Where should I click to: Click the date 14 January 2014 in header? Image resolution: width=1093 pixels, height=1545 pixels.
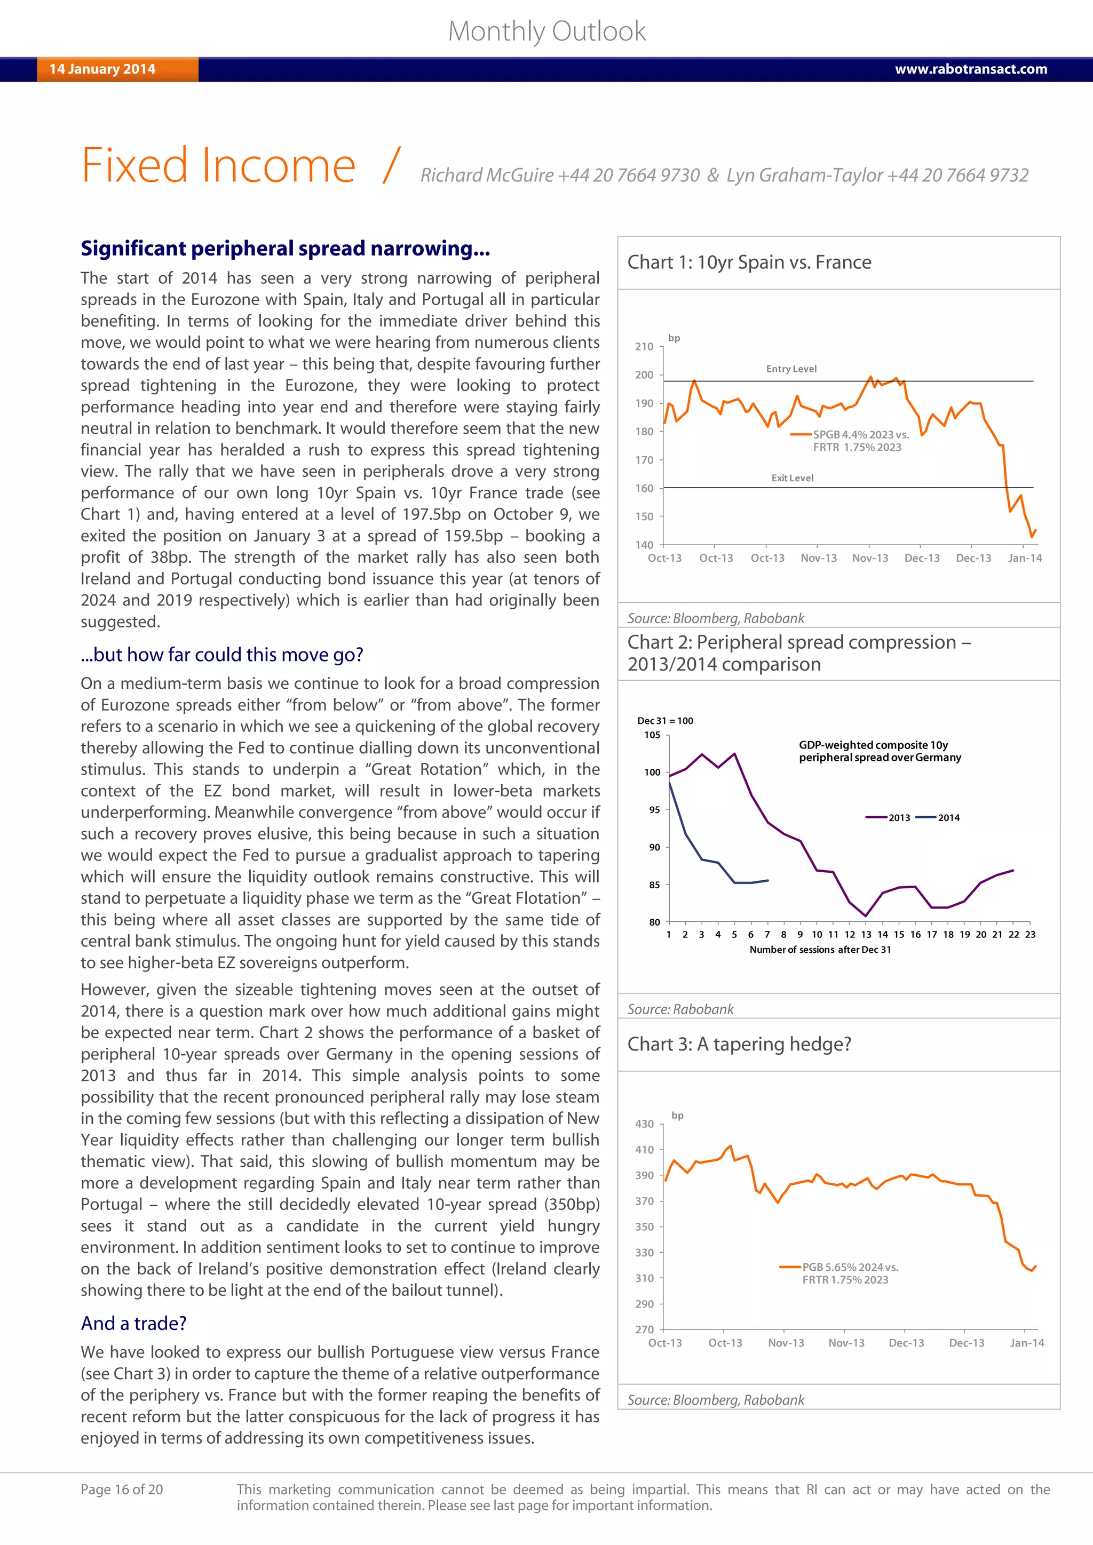(x=102, y=69)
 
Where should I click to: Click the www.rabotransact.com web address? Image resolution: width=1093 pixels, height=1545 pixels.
(x=970, y=69)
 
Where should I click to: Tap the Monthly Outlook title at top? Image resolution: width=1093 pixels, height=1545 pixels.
(x=546, y=31)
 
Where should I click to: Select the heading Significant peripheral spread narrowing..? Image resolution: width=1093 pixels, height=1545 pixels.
(x=286, y=248)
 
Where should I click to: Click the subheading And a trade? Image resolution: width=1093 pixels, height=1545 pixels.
(x=133, y=1323)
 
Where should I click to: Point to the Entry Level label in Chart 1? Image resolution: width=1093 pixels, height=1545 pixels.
(x=791, y=369)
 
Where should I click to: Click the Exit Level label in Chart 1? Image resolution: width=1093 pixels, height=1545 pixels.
(x=792, y=478)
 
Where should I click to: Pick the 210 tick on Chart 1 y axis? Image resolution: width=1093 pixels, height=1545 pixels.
(x=644, y=347)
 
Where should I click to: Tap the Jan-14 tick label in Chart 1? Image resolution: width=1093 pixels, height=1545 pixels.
(x=1024, y=558)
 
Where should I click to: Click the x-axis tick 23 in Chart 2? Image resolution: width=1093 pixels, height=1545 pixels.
(x=1029, y=935)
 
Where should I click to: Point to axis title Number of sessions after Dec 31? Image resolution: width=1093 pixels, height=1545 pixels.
(x=820, y=950)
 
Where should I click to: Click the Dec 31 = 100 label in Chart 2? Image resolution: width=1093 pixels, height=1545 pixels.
(x=665, y=721)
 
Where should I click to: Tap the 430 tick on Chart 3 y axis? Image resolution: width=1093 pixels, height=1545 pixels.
(x=644, y=1124)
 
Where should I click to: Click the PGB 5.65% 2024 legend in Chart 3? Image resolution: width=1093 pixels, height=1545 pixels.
(x=849, y=1267)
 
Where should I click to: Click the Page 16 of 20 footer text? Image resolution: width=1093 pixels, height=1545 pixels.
(x=122, y=1489)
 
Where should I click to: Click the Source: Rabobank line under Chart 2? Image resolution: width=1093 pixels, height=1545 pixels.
(x=680, y=1009)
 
